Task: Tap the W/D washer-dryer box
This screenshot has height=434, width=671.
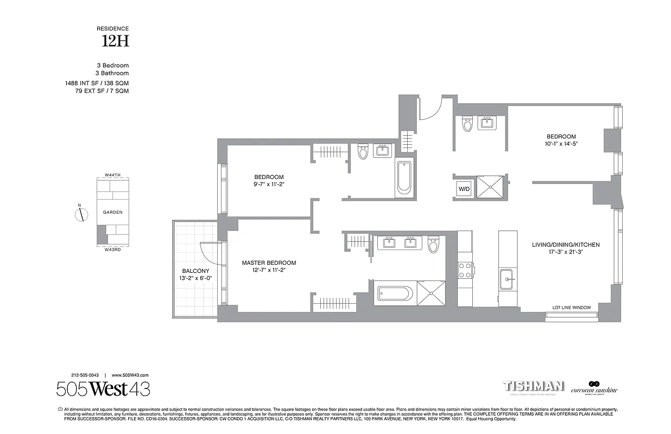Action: [464, 189]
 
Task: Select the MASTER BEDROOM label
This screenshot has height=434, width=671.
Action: [269, 263]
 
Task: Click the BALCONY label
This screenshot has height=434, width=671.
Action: [195, 271]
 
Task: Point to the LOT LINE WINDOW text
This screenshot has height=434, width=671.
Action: [571, 308]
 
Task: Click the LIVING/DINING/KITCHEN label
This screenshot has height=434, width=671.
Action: [566, 245]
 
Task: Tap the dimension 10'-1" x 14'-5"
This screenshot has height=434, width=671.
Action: [561, 144]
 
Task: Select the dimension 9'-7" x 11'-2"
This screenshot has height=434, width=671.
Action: [269, 184]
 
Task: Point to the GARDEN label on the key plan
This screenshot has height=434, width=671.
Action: [113, 212]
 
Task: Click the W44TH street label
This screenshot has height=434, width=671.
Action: [113, 176]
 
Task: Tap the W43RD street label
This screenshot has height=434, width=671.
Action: [113, 250]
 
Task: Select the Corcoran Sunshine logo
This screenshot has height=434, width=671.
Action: [594, 387]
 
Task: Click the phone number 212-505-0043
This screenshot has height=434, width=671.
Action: [85, 375]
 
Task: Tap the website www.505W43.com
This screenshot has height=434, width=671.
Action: [130, 375]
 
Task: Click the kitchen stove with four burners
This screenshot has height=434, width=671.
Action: [465, 270]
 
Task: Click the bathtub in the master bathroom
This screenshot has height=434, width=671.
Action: [395, 293]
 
